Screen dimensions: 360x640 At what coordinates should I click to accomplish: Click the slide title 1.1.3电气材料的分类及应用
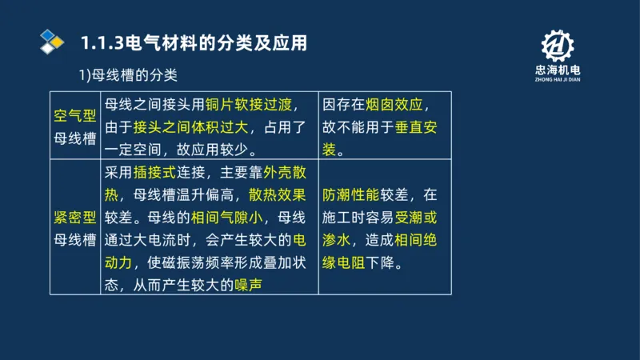tap(194, 42)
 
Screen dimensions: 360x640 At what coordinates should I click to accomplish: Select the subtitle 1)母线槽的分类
tap(127, 75)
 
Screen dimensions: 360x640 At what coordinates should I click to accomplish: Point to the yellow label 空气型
tap(74, 116)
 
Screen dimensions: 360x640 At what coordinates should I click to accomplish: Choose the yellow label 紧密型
tap(74, 217)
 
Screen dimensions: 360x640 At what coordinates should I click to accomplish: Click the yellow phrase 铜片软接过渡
tap(250, 106)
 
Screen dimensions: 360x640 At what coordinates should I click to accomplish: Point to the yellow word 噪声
tap(247, 284)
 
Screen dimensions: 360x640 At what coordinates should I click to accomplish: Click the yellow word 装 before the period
tap(329, 149)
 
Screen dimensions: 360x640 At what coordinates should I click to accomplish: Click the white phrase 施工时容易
tap(352, 217)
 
